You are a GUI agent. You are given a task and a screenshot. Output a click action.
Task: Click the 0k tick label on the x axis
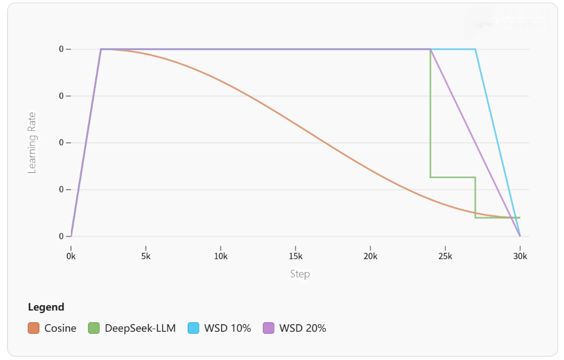pyautogui.click(x=71, y=256)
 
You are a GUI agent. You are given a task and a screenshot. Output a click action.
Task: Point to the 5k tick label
pyautogui.click(x=146, y=256)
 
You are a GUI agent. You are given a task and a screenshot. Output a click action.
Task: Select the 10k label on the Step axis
pyautogui.click(x=221, y=256)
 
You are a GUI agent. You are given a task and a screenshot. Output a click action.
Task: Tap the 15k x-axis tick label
pyautogui.click(x=295, y=256)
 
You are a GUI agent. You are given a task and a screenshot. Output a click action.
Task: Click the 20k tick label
pyautogui.click(x=370, y=256)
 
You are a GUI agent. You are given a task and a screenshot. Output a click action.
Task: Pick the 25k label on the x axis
pyautogui.click(x=445, y=256)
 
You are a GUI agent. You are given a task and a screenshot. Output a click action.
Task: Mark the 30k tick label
pyautogui.click(x=520, y=256)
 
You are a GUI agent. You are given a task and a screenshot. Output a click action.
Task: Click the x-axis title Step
pyautogui.click(x=300, y=274)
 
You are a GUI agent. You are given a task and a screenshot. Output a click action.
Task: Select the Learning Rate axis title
pyautogui.click(x=33, y=142)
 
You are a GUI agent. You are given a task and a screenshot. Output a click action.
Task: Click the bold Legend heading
pyautogui.click(x=46, y=307)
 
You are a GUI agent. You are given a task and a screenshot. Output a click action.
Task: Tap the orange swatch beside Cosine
pyautogui.click(x=34, y=328)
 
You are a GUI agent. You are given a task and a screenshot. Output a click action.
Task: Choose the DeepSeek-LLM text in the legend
pyautogui.click(x=140, y=328)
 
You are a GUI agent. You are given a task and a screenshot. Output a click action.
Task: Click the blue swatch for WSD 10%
pyautogui.click(x=194, y=328)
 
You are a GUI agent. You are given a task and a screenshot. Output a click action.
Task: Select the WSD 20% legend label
pyautogui.click(x=302, y=328)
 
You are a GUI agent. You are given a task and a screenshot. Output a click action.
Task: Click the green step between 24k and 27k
pyautogui.click(x=453, y=177)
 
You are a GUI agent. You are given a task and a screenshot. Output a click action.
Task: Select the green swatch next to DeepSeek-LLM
pyautogui.click(x=94, y=328)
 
